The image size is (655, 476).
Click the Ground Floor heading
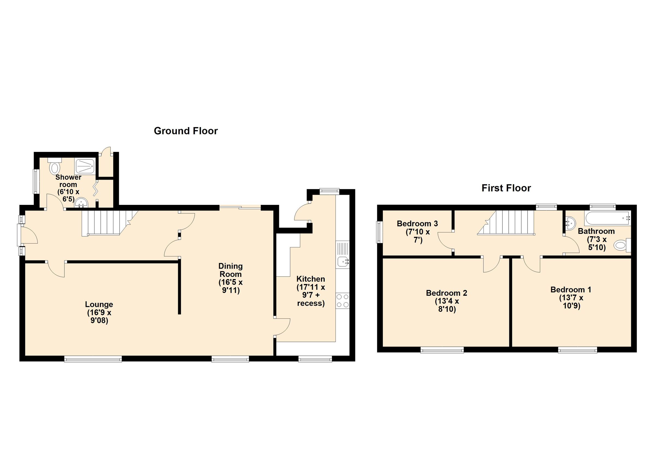coord(185,131)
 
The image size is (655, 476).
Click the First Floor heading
coord(506,188)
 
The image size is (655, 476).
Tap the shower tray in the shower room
coord(85,167)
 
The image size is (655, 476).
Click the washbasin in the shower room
coord(81,203)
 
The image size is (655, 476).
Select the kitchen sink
coord(343,262)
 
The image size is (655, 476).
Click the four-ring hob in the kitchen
coord(342,301)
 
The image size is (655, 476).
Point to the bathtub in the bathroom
coord(607,218)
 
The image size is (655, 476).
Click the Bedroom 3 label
coord(417,223)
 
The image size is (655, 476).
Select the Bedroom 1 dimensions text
coord(571,302)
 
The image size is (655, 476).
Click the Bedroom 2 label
coord(446,293)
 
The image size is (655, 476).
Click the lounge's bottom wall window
coord(93,359)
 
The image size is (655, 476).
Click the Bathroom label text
coord(596,231)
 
